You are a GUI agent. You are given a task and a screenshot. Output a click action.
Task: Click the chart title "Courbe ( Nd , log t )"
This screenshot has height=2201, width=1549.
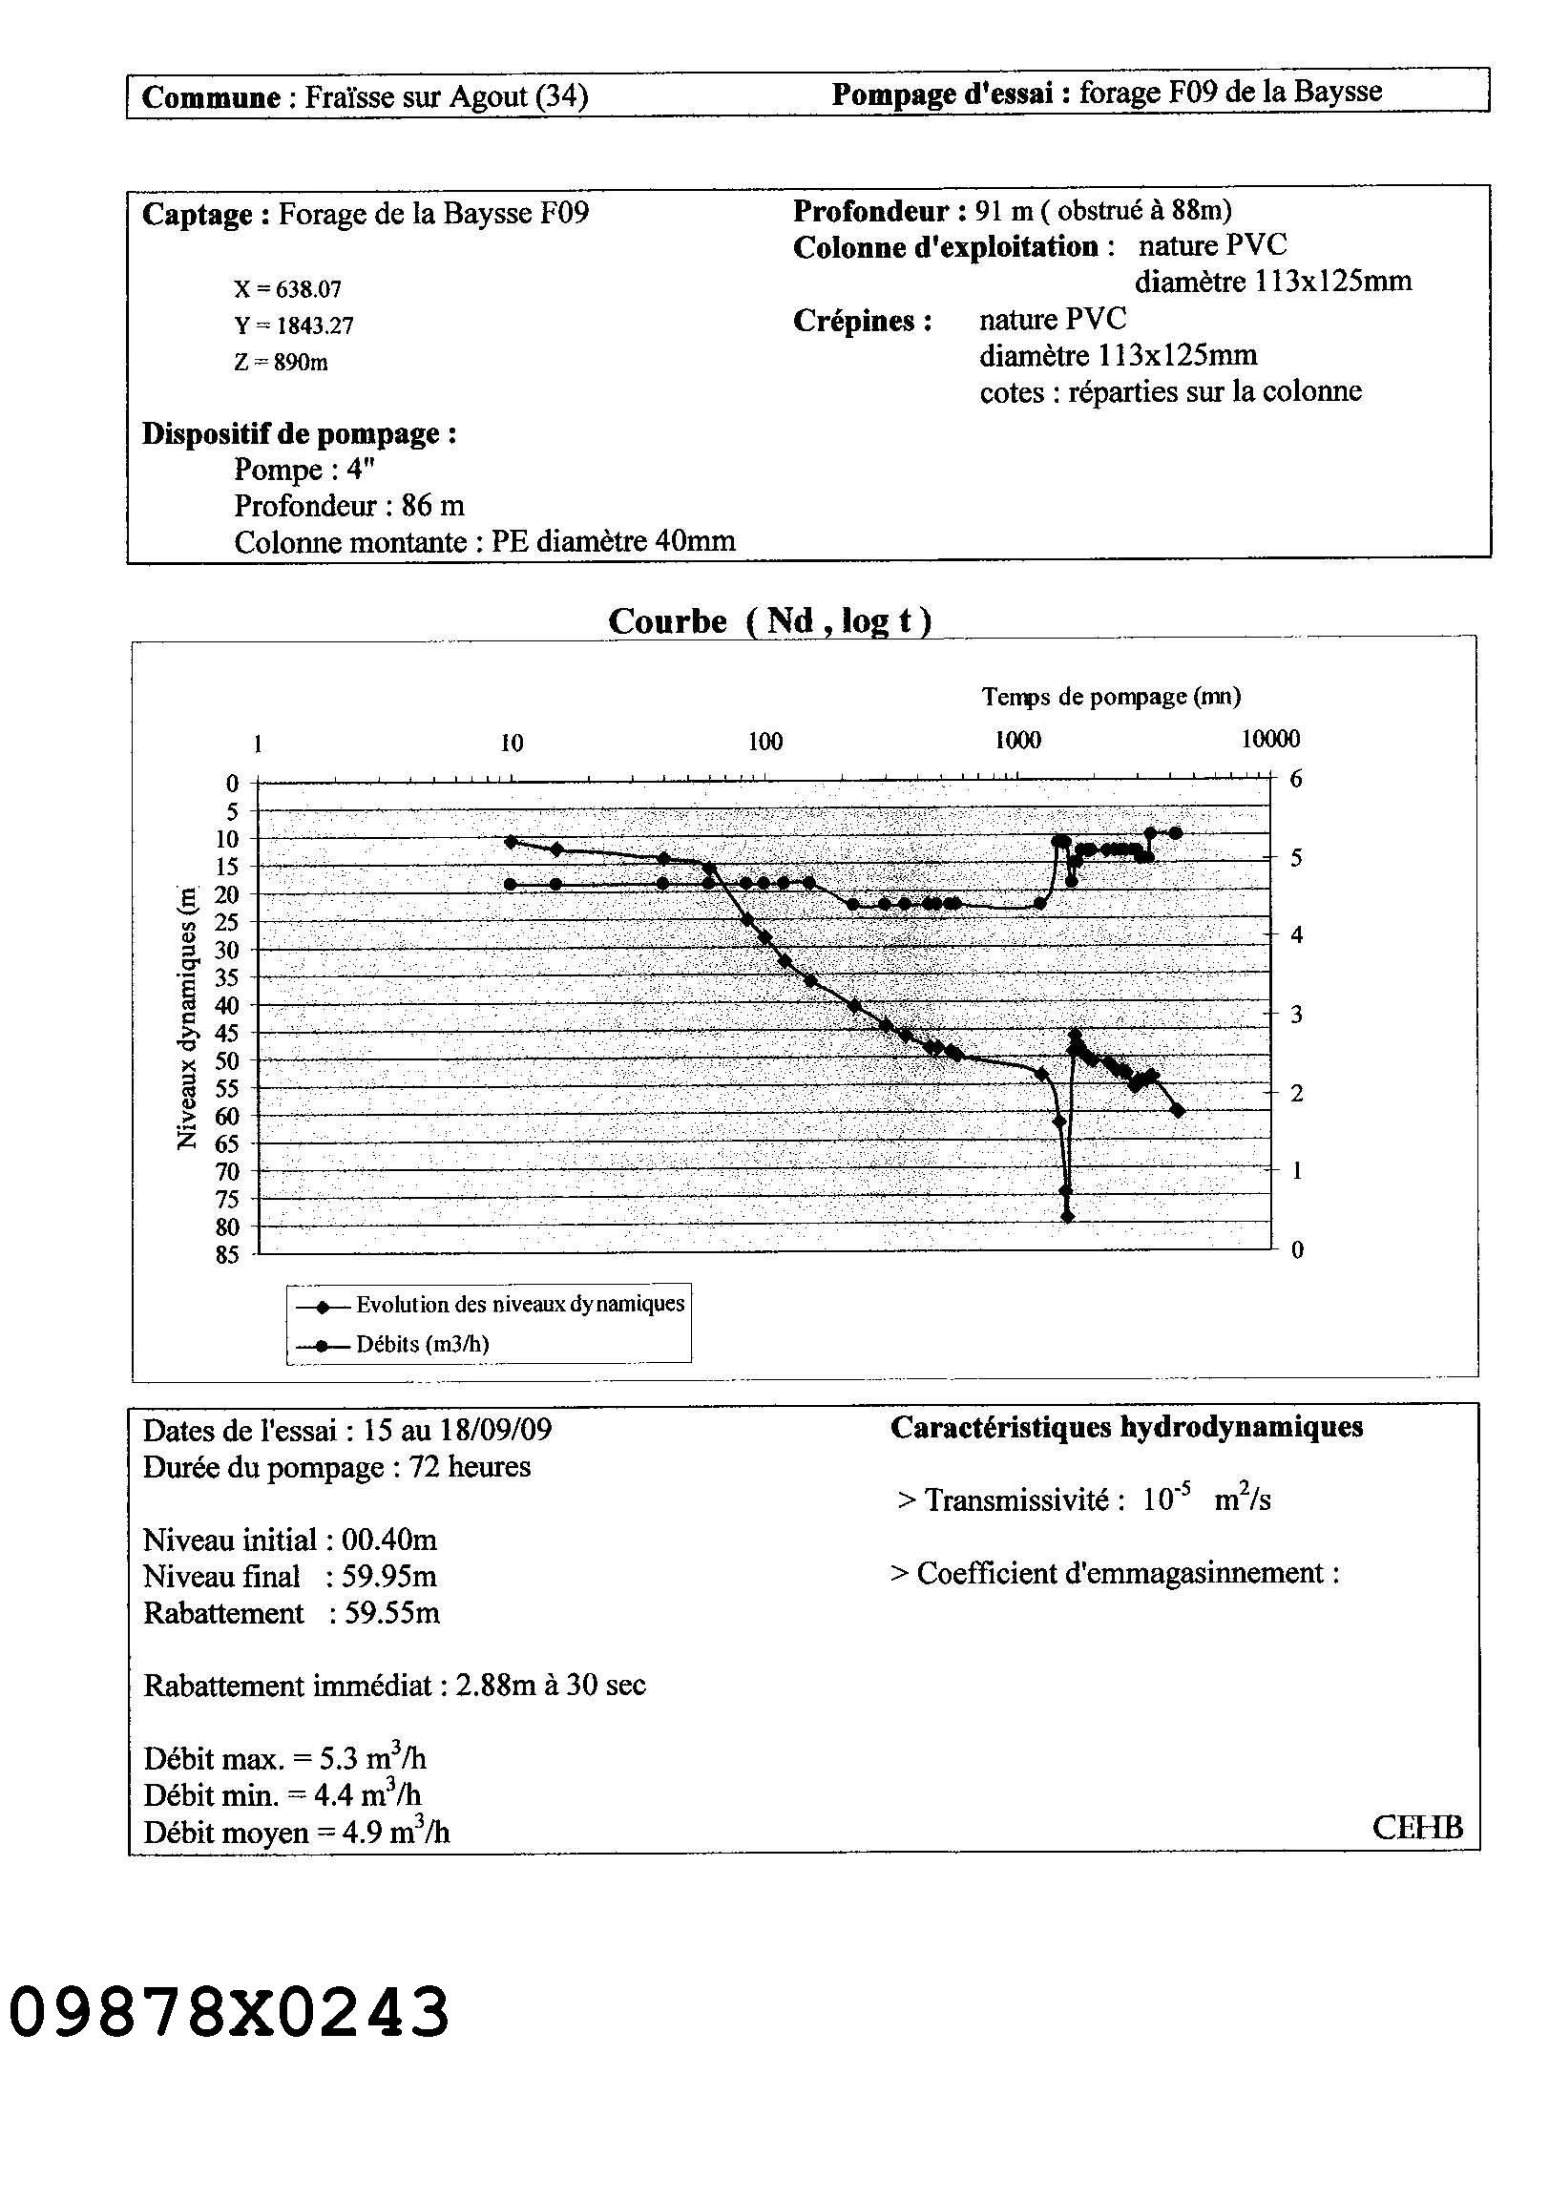[x=769, y=621]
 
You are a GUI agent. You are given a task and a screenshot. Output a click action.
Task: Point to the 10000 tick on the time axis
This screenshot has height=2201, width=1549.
[x=1270, y=739]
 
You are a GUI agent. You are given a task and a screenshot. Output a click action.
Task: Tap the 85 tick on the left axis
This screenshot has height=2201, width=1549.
[x=227, y=1255]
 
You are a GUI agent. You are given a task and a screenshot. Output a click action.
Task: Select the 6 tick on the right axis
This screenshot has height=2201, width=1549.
[x=1296, y=779]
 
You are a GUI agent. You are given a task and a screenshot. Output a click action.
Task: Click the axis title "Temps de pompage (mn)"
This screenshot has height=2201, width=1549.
[x=1111, y=697]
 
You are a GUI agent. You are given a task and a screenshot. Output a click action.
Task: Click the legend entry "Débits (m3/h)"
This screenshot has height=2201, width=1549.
[x=422, y=1344]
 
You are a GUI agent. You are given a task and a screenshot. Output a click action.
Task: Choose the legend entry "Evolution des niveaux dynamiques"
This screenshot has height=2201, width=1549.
[x=519, y=1305]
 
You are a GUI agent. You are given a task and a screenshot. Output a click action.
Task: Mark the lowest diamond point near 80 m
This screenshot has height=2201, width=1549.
[x=1068, y=1217]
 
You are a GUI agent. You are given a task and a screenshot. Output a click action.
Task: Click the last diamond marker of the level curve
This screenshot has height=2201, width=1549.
[x=1178, y=1111]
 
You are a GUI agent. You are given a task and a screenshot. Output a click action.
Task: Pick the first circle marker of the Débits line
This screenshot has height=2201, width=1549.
[x=511, y=884]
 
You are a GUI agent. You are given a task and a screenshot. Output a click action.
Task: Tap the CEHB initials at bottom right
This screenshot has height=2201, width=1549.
[x=1417, y=1827]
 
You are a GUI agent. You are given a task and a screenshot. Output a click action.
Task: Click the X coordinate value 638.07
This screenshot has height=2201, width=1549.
[x=308, y=289]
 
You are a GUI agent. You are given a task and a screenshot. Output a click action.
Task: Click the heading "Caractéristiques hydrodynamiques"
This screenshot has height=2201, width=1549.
[x=1126, y=1427]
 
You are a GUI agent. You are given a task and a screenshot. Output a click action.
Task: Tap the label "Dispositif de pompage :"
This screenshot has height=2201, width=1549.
[x=299, y=434]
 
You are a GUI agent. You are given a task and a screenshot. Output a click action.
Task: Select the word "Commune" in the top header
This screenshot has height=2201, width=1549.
[x=211, y=96]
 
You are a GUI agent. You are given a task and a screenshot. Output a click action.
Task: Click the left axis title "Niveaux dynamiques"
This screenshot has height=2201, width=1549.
[x=187, y=1017]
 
